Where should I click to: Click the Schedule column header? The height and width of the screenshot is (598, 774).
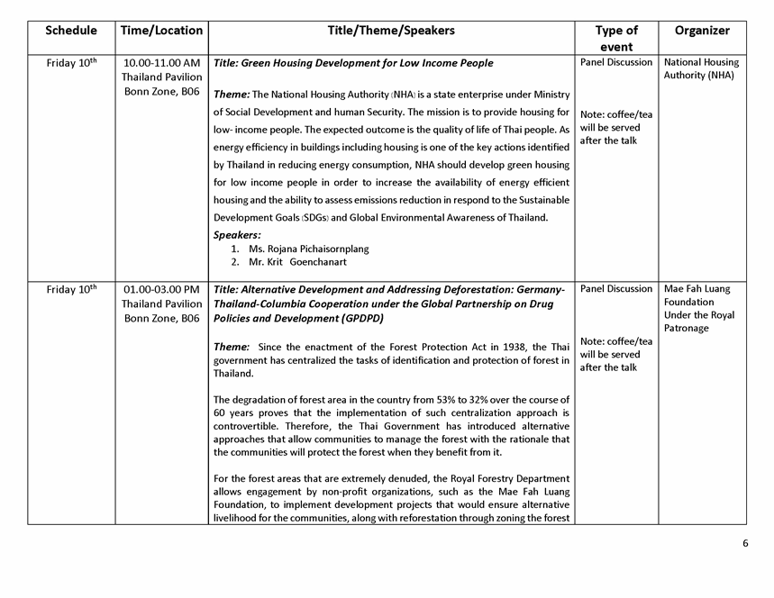tap(71, 31)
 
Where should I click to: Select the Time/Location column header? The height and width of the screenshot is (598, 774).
tap(161, 31)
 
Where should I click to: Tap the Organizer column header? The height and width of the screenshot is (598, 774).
tap(702, 31)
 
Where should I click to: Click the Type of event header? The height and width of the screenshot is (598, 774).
tap(616, 38)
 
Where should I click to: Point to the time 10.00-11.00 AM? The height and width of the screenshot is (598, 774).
tap(161, 63)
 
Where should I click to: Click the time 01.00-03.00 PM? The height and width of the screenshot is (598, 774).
tap(161, 289)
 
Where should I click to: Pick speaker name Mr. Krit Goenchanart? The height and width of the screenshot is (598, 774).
tap(297, 262)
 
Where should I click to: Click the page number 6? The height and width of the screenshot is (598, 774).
tap(746, 543)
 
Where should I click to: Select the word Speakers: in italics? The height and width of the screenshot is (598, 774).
tap(237, 235)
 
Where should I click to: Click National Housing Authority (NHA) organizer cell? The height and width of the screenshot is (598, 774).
tap(701, 69)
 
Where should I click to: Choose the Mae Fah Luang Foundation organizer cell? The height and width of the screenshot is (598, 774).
tap(699, 308)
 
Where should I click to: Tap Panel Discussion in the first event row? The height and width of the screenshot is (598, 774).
tap(616, 63)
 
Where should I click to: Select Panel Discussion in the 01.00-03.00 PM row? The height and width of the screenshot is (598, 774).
tap(616, 289)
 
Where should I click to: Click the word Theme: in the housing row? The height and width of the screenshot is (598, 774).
tap(232, 94)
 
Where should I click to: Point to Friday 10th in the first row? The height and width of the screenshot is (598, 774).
tap(71, 63)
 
